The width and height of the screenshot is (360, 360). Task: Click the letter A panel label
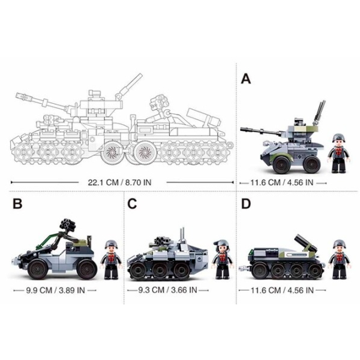[x=246, y=79]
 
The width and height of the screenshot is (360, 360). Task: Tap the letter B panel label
[x=17, y=203]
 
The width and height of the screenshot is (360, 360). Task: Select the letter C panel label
[x=132, y=203]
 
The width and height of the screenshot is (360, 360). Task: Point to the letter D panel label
[x=246, y=203]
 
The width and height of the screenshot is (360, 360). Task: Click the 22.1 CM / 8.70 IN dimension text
[x=119, y=182]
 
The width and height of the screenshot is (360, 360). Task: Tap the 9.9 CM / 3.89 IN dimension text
[x=55, y=290]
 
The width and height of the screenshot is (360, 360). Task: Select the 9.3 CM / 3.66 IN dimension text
[x=167, y=290]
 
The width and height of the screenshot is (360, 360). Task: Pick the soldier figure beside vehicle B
[x=112, y=260]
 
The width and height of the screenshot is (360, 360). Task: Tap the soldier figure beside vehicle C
[x=223, y=259]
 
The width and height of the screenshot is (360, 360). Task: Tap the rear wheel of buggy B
[x=87, y=269]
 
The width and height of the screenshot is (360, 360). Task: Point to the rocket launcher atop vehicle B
[x=68, y=224]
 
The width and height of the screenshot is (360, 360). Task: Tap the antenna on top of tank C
[x=182, y=235]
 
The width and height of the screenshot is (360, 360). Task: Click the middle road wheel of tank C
[x=160, y=270]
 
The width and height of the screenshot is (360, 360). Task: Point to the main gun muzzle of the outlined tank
[x=20, y=95]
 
